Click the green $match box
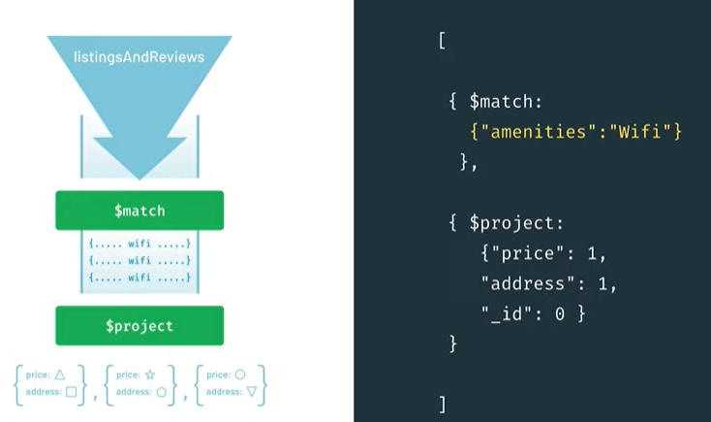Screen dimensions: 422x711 (139, 210)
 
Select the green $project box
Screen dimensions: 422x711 (139, 326)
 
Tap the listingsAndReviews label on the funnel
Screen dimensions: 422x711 (139, 57)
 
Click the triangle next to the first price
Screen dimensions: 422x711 (60, 374)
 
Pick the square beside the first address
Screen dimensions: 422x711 (71, 392)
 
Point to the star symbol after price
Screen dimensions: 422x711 (149, 374)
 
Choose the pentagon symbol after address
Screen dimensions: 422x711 (161, 392)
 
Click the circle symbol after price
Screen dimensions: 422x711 (239, 374)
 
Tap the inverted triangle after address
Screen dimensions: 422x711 (251, 392)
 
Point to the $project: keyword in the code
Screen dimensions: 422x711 (516, 223)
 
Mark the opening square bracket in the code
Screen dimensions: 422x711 (442, 42)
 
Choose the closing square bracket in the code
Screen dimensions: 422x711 (442, 403)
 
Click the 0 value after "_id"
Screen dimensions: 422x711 (559, 313)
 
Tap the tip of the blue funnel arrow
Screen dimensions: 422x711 (139, 178)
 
